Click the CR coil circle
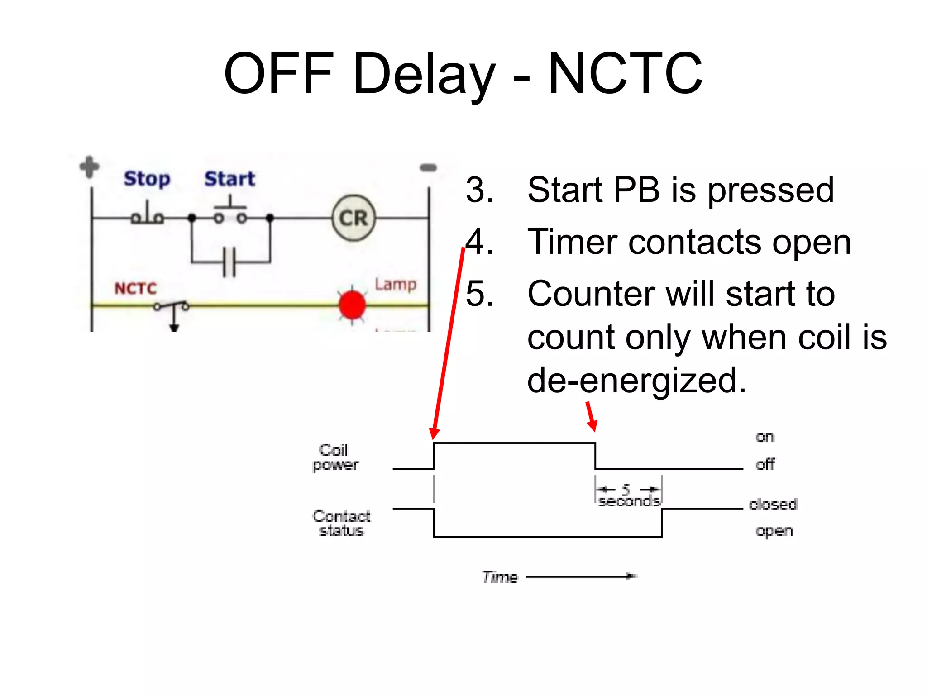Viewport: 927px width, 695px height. (354, 218)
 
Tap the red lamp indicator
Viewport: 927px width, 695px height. (352, 305)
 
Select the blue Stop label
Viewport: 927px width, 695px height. (147, 179)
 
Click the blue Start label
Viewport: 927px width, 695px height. (229, 179)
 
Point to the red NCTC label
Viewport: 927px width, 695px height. (135, 288)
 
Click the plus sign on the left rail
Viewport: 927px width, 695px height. (90, 167)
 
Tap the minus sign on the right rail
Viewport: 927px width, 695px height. (428, 168)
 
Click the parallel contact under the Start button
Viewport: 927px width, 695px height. (229, 262)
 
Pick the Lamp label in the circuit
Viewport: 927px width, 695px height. (396, 285)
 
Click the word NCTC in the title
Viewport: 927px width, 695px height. (625, 74)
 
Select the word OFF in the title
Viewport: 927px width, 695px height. (279, 74)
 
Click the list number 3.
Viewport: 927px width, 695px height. (479, 190)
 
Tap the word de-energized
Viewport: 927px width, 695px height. (636, 380)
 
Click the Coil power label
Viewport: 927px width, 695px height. (335, 457)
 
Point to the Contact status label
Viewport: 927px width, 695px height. (341, 523)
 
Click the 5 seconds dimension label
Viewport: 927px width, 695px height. (628, 495)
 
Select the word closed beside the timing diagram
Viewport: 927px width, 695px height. (773, 504)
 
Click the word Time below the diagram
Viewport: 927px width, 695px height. (500, 577)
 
